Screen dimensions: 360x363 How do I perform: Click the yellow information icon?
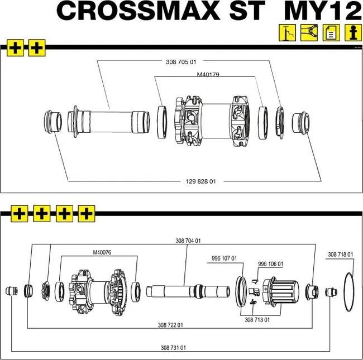point(352,33)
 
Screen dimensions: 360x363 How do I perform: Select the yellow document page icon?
point(331,33)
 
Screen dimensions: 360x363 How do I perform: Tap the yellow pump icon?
point(286,33)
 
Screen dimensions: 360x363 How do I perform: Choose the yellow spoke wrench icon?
point(308,33)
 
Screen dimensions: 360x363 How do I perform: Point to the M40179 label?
point(208,74)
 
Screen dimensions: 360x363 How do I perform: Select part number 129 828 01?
point(200,181)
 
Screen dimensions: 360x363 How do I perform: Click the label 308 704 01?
point(188,241)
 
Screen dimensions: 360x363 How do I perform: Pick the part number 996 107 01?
point(224,258)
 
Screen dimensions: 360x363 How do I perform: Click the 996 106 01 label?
point(270,264)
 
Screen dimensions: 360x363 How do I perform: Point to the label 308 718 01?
point(340,255)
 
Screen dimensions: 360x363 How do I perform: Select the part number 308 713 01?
point(257,320)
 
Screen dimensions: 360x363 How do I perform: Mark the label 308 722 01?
point(171,325)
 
